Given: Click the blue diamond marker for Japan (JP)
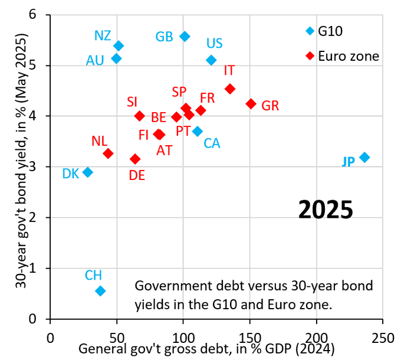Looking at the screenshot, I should click(x=364, y=157).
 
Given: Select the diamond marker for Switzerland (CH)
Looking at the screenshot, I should click(x=100, y=290).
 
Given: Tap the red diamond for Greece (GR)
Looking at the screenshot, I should click(x=251, y=104).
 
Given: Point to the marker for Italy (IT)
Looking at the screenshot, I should click(x=230, y=89).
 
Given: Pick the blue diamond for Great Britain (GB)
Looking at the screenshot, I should click(x=185, y=37).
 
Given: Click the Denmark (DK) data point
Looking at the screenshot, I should click(x=87, y=172).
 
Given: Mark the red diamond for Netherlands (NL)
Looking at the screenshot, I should click(x=108, y=153).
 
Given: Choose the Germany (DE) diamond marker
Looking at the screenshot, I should click(x=135, y=159).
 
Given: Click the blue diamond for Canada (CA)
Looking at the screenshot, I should click(x=198, y=131).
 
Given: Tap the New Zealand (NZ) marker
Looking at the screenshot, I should click(x=119, y=45).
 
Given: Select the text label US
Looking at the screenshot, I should click(x=214, y=43).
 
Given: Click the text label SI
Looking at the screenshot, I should click(x=132, y=102).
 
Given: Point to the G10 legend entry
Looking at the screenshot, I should click(x=328, y=30).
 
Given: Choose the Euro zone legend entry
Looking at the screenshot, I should click(x=341, y=55).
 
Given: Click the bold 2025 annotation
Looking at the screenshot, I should click(x=325, y=210).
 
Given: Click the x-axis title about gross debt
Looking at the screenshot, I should click(x=206, y=349).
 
